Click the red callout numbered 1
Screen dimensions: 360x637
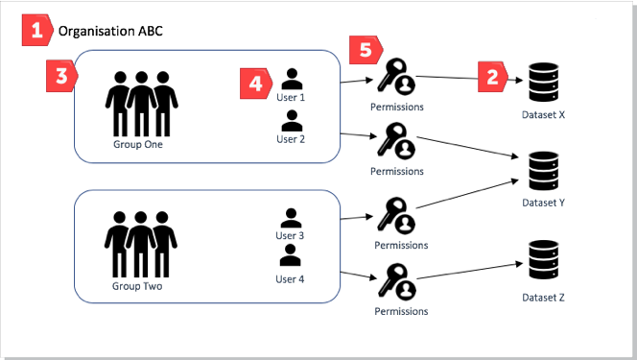tap(36, 31)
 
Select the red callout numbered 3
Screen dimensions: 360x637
tap(59, 79)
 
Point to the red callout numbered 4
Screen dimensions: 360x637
tap(253, 84)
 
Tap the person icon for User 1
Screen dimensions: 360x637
tap(292, 79)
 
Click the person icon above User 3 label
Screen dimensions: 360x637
tap(290, 217)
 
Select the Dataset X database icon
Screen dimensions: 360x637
tap(542, 83)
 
